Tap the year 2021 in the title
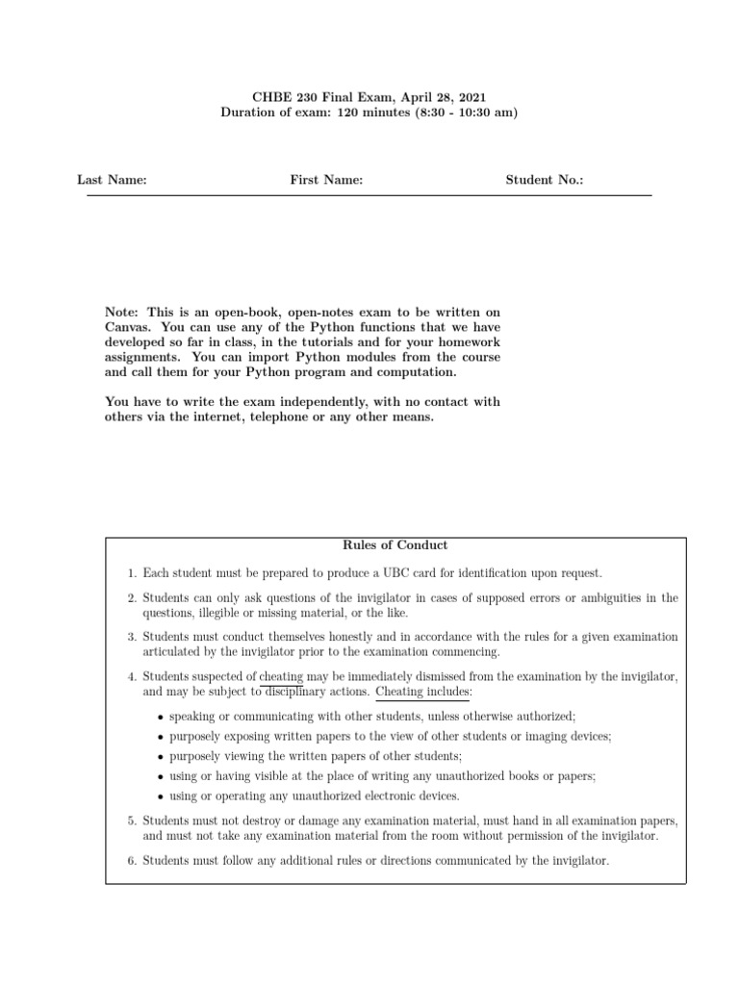click(x=471, y=96)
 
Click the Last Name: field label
click(x=112, y=180)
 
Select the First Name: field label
click(x=326, y=180)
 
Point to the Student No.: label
click(x=545, y=180)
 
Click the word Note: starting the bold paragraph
click(x=121, y=312)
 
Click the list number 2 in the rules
click(x=132, y=598)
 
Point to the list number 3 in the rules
click(x=132, y=637)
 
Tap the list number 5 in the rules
click(x=132, y=821)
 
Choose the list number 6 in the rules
click(x=132, y=861)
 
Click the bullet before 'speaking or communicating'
click(x=159, y=718)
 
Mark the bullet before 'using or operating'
click(x=159, y=796)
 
